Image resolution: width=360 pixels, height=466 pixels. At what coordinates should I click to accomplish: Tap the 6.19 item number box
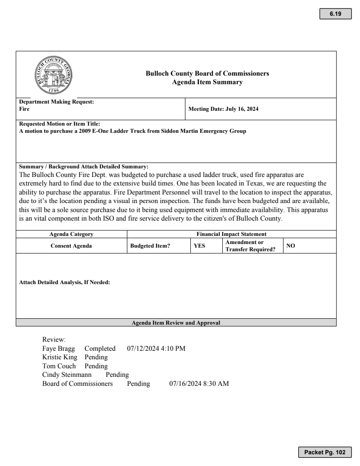[335, 14]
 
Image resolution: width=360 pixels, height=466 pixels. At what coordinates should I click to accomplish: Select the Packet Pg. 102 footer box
[324, 452]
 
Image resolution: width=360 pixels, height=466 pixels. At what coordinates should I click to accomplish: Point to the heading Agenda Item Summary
[207, 82]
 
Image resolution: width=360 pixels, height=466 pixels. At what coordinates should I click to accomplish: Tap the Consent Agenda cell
[72, 246]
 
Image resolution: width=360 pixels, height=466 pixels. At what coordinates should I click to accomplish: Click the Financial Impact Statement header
[231, 234]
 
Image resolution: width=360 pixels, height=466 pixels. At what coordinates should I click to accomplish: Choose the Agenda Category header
[72, 234]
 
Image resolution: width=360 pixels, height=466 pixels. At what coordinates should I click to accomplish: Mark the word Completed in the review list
[100, 348]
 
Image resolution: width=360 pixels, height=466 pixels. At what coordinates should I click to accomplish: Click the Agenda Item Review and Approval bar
[176, 322]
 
